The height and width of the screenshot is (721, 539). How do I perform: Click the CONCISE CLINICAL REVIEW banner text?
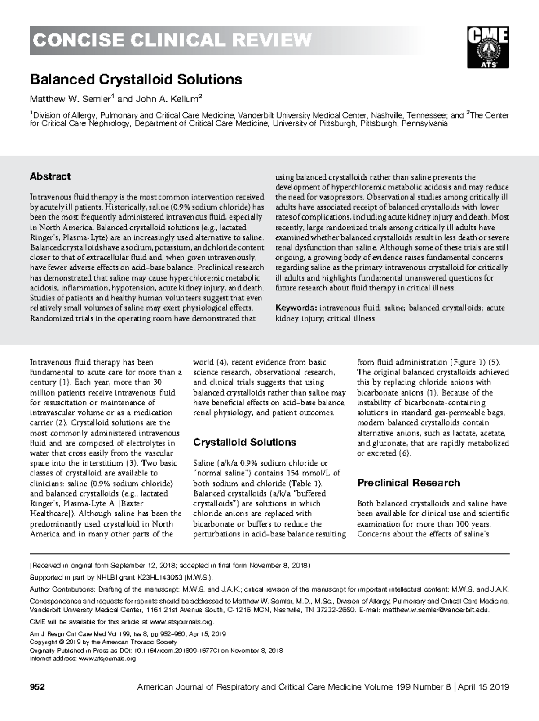coord(171,40)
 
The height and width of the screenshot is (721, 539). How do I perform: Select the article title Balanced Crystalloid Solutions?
coord(136,80)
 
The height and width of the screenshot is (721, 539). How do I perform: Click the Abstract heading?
coord(50,176)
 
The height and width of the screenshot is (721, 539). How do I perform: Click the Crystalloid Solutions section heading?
coord(244,442)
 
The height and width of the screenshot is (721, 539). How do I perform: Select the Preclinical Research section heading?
coord(408,483)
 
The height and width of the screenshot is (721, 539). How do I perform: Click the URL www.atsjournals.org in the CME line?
coord(181,622)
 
